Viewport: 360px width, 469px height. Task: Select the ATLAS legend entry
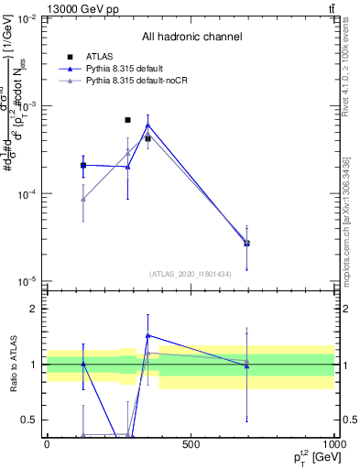(x=102, y=57)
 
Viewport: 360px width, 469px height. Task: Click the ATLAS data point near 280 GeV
(x=127, y=120)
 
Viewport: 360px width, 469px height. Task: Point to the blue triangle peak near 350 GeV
(x=147, y=125)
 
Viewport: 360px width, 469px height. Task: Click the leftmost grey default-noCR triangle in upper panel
(x=83, y=199)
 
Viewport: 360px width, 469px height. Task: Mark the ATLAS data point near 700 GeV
(x=246, y=243)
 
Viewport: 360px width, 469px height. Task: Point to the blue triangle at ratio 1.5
(x=147, y=335)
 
